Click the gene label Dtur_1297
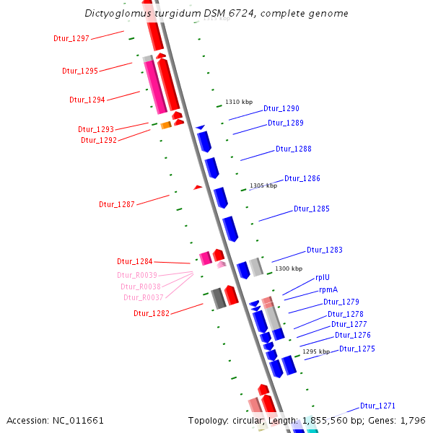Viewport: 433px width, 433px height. [x=71, y=38]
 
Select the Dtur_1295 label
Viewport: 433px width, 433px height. [x=80, y=71]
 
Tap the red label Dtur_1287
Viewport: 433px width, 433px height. [x=117, y=204]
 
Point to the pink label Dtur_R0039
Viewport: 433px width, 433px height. [x=137, y=275]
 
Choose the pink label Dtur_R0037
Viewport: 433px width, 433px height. [x=144, y=297]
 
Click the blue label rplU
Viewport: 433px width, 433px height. [x=323, y=278]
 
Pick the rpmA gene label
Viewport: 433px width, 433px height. [x=328, y=289]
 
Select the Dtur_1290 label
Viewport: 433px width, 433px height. [x=281, y=108]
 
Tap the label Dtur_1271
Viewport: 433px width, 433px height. [x=378, y=406]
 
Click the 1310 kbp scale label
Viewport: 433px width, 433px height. [x=239, y=102]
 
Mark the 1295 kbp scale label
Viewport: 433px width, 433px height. [x=316, y=351]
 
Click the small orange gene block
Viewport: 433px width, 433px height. [x=165, y=126]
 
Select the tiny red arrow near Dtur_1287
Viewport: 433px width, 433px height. [x=198, y=188]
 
